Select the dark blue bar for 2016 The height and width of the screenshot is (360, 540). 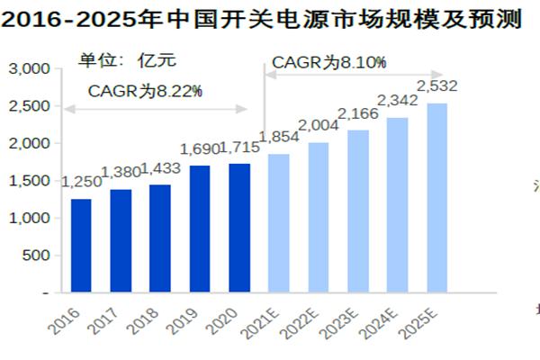(81, 246)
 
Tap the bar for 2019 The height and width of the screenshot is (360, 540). (200, 229)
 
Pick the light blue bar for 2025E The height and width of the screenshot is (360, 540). (437, 198)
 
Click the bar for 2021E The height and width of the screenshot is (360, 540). (279, 223)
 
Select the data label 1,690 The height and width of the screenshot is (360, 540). (200, 148)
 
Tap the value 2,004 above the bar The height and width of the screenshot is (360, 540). (318, 125)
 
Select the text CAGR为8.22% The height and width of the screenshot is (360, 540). (145, 91)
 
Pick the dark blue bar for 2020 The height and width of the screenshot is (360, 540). (239, 228)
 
